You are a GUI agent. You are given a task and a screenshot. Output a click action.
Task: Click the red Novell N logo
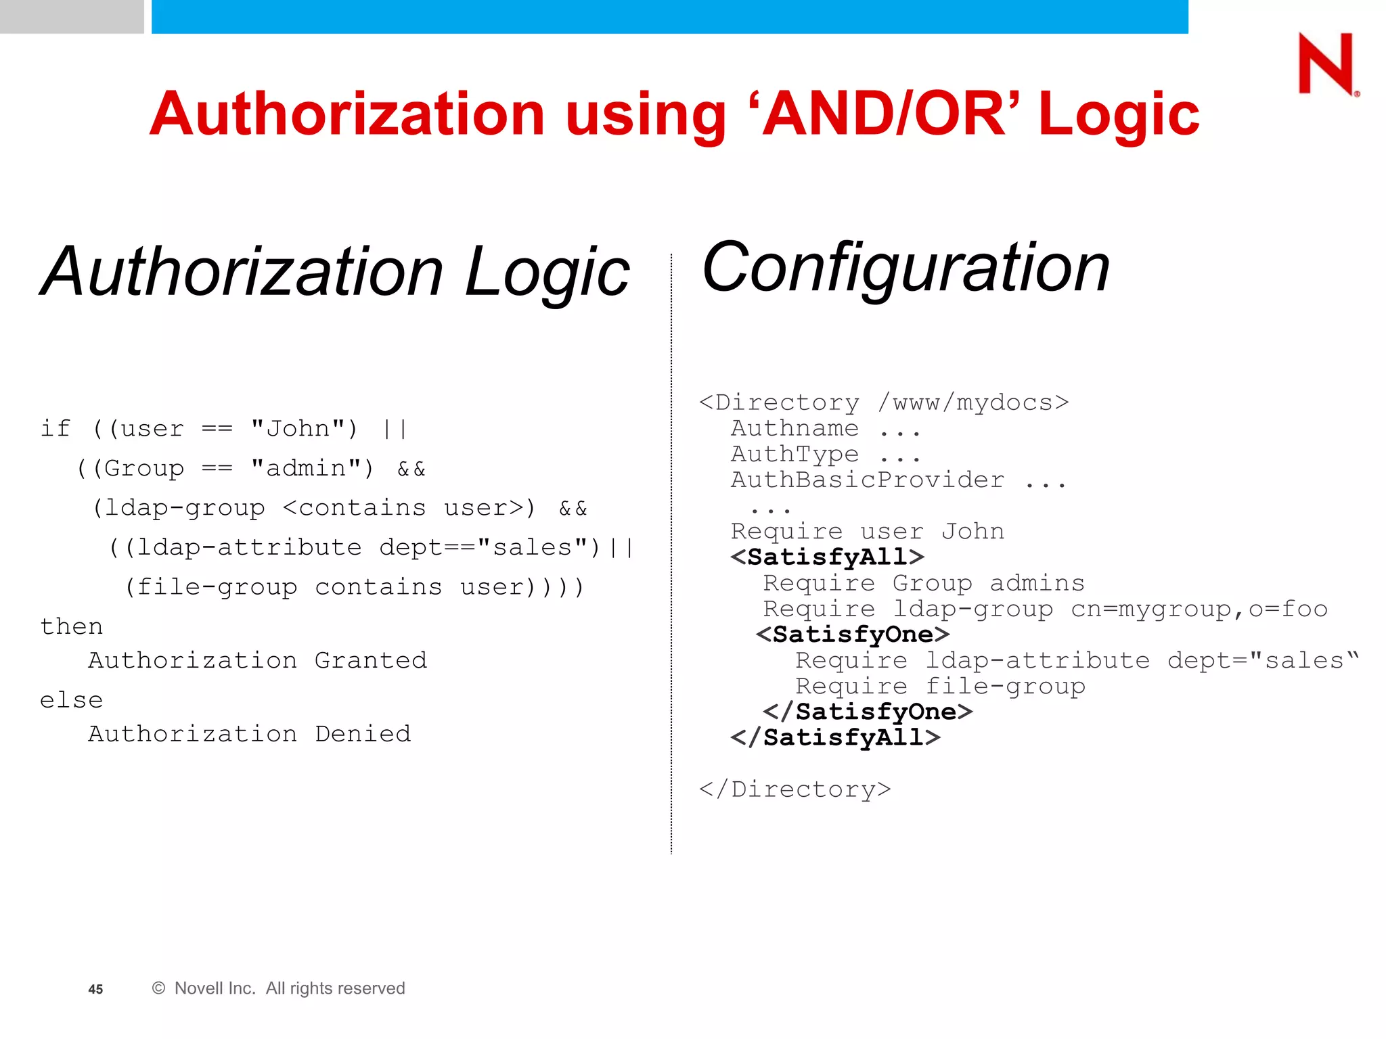tap(1326, 64)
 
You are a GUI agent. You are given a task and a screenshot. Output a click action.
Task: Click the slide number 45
tap(95, 989)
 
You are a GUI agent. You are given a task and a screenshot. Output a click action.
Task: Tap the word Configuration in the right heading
tap(906, 269)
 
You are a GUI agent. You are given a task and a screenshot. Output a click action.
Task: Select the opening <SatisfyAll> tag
tap(827, 557)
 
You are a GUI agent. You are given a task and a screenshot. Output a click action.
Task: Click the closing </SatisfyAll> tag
tap(835, 737)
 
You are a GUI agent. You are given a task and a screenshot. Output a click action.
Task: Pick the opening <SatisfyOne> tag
tap(853, 634)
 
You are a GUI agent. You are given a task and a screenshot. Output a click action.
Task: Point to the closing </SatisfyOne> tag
tap(868, 712)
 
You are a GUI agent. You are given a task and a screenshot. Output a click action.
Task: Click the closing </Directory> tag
tap(795, 789)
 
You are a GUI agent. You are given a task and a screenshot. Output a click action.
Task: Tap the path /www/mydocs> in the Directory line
tap(973, 403)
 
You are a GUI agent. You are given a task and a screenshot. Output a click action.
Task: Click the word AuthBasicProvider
tap(868, 480)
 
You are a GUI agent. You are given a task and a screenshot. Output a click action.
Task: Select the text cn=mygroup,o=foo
tap(1199, 609)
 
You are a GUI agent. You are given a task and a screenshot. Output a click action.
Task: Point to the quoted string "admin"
tap(312, 468)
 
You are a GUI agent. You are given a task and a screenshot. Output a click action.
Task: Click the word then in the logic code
tap(72, 626)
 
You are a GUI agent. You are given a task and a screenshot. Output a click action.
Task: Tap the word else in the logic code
tap(72, 700)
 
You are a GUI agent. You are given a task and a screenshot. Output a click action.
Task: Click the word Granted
tap(371, 660)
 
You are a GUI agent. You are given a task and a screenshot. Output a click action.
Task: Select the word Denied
tap(363, 734)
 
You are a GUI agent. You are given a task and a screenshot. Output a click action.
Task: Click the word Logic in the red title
tap(1118, 115)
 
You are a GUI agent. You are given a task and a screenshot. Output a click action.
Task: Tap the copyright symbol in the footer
tap(159, 988)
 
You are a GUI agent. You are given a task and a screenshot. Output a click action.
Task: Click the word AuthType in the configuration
tap(795, 455)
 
